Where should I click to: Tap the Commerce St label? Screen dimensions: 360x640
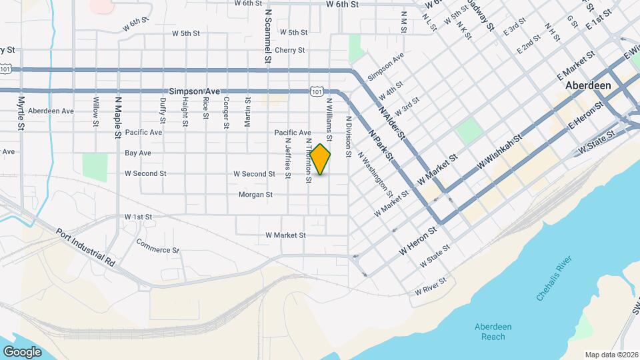158,245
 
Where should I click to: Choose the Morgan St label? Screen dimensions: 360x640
255,195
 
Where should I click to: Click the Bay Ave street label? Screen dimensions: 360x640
138,153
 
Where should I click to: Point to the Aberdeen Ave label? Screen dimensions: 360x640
51,111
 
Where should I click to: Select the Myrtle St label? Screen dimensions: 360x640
21,113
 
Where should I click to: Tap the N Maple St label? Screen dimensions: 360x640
117,115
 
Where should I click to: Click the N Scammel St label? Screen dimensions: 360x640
267,36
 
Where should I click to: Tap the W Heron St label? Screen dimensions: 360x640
417,240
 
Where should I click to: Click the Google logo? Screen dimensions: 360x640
22,351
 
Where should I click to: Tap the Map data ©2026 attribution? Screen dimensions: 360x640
611,355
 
